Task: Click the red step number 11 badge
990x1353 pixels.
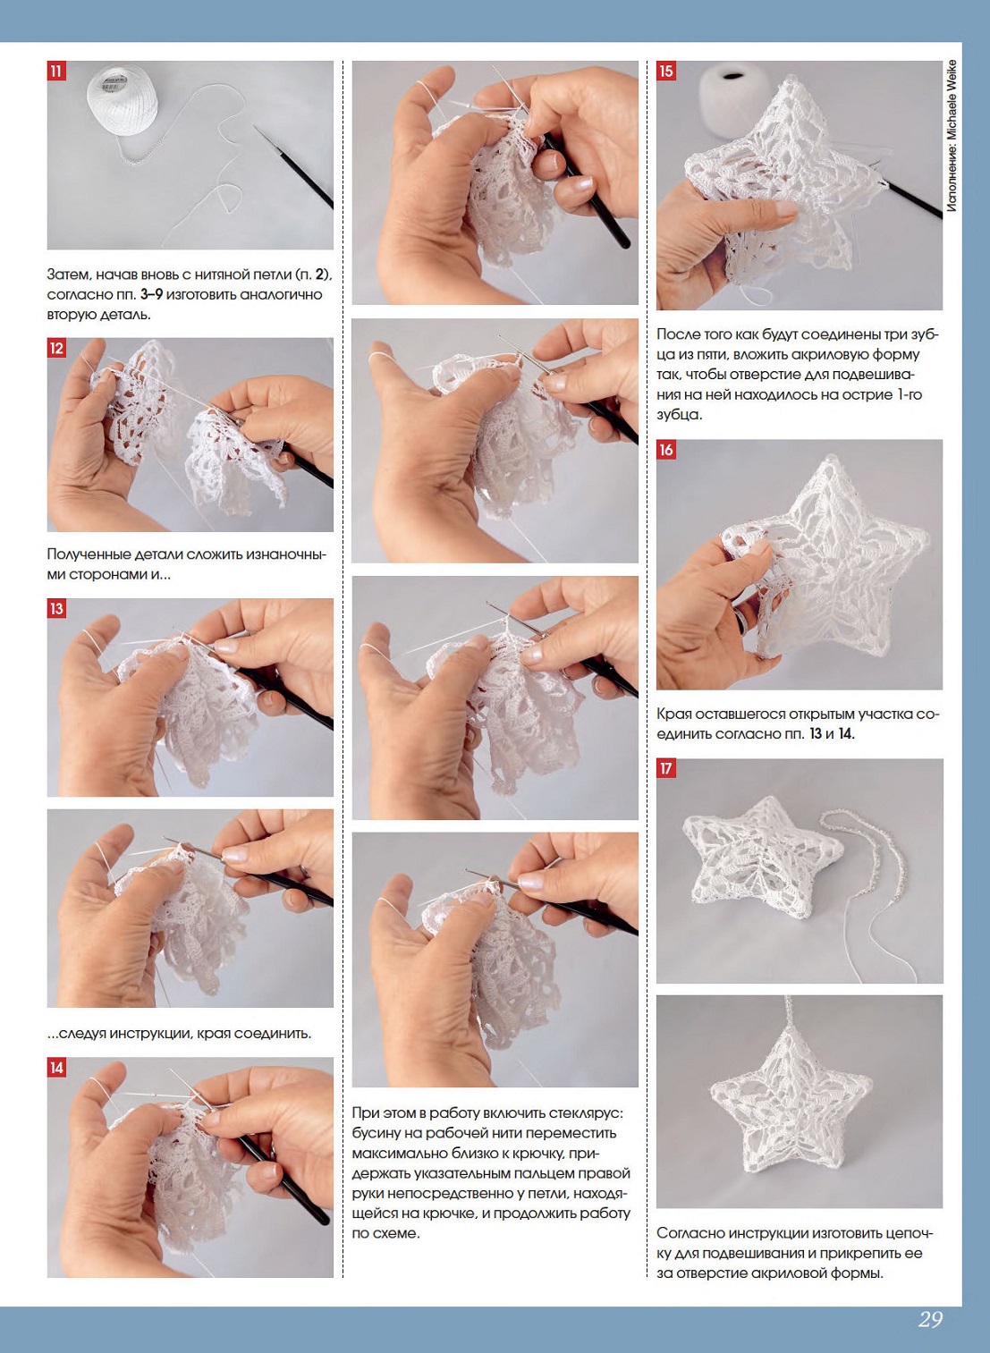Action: coord(55,71)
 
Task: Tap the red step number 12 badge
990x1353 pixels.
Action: coord(55,348)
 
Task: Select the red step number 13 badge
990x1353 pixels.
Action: coord(55,608)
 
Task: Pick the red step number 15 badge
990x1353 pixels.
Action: coord(665,71)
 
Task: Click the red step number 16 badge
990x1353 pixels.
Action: coord(665,450)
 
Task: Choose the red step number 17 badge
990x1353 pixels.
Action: coord(665,768)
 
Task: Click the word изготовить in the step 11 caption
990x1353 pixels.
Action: coord(203,295)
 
